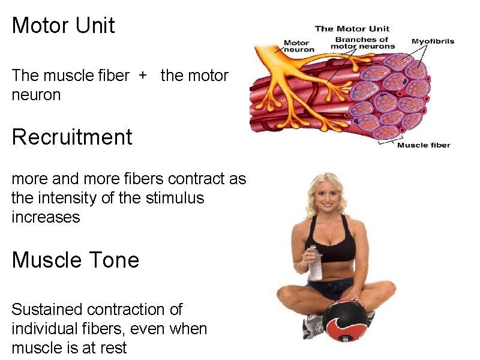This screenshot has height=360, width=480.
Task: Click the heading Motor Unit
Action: point(63,26)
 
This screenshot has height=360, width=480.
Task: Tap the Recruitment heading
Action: point(71,137)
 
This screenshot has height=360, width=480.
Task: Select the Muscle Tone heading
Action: point(75,260)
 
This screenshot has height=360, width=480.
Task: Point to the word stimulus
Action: point(175,197)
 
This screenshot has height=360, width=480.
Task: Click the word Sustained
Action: point(47,310)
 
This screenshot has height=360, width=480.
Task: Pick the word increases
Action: point(46,217)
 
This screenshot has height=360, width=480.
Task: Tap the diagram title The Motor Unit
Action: point(352,28)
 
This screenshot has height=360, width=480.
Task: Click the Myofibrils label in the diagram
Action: point(433,41)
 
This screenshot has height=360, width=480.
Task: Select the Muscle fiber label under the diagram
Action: point(424,145)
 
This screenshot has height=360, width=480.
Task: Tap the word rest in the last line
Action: point(113,348)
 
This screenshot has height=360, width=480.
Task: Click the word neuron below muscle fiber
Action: point(36,95)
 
